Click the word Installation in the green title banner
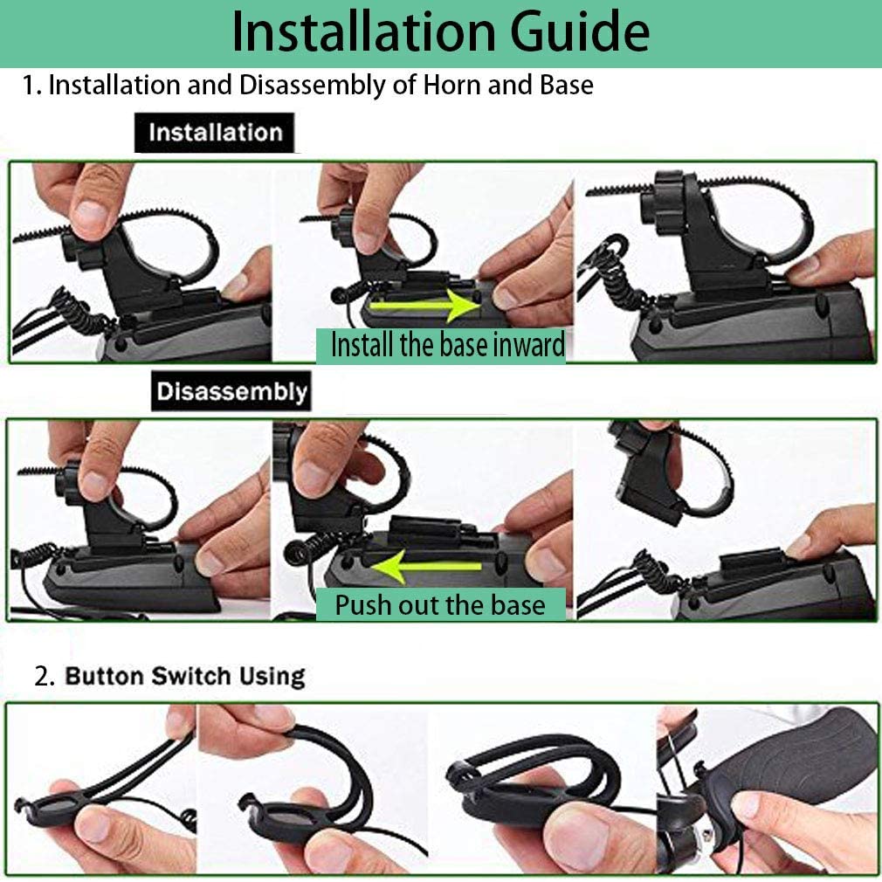pyautogui.click(x=363, y=31)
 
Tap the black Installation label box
pyautogui.click(x=214, y=133)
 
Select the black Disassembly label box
pyautogui.click(x=231, y=391)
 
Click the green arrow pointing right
pyautogui.click(x=424, y=306)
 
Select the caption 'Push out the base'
pyautogui.click(x=440, y=604)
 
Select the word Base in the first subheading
pyautogui.click(x=567, y=85)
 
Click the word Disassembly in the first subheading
pyautogui.click(x=312, y=86)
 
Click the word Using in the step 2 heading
pyautogui.click(x=272, y=677)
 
